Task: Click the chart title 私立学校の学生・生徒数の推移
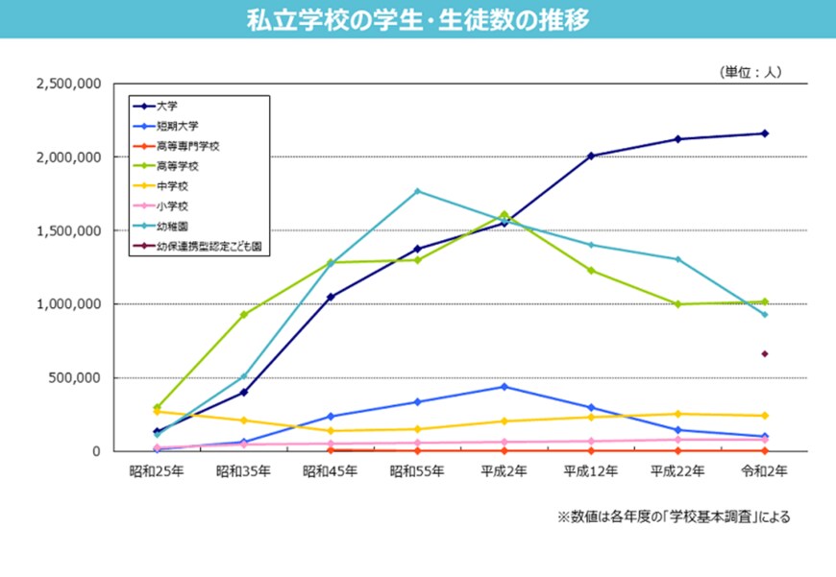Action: tap(418, 19)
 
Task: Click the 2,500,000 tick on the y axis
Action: tap(68, 84)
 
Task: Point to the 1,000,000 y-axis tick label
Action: tap(68, 304)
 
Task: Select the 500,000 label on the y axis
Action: tap(75, 377)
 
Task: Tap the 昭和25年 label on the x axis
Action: tap(157, 471)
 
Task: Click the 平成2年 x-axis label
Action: tap(504, 471)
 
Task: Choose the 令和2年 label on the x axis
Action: tap(765, 471)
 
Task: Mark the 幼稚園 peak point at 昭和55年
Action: tap(417, 191)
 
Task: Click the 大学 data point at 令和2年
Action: tap(765, 133)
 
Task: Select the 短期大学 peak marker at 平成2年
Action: tap(504, 387)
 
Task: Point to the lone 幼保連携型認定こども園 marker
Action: tap(765, 354)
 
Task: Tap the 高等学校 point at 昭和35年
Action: tap(244, 315)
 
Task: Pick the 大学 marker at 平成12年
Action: tap(591, 156)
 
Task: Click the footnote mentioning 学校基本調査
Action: tap(674, 517)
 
